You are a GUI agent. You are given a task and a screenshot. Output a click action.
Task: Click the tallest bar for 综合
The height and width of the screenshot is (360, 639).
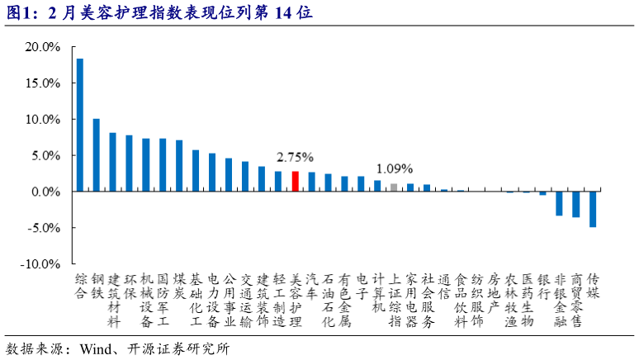tap(79, 125)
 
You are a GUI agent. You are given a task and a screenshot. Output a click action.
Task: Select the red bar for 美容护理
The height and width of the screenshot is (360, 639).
tap(295, 182)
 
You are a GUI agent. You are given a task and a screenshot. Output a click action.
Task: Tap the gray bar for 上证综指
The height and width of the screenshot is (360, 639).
tap(394, 187)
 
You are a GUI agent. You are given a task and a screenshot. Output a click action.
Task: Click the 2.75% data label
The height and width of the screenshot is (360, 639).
tap(295, 157)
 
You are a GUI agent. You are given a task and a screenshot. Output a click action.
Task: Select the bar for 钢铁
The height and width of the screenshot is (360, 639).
tap(96, 155)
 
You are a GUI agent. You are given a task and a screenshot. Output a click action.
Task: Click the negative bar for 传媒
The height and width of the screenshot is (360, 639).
tap(593, 209)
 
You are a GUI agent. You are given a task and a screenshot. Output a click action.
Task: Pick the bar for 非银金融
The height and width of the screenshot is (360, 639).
tap(559, 203)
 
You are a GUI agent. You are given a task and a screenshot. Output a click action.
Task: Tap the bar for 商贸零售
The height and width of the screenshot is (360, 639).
tap(576, 204)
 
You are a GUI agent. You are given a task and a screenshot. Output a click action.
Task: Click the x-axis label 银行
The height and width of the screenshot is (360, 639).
tap(542, 286)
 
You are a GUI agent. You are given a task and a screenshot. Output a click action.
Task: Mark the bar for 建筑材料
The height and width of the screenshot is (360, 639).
tap(112, 162)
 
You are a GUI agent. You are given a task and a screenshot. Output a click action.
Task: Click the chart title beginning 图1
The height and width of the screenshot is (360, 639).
tap(157, 12)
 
